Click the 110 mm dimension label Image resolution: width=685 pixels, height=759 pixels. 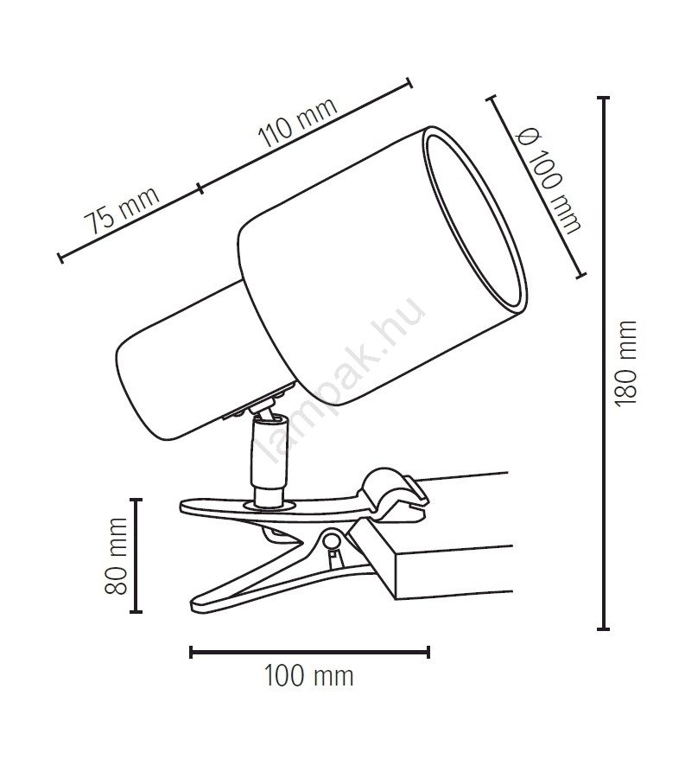click(x=297, y=123)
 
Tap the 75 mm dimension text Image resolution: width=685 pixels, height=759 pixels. click(x=122, y=210)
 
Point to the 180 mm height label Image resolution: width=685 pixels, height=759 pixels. click(x=625, y=363)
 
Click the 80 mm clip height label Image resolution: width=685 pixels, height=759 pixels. click(x=116, y=556)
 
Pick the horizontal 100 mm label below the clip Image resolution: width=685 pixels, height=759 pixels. click(x=308, y=676)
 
